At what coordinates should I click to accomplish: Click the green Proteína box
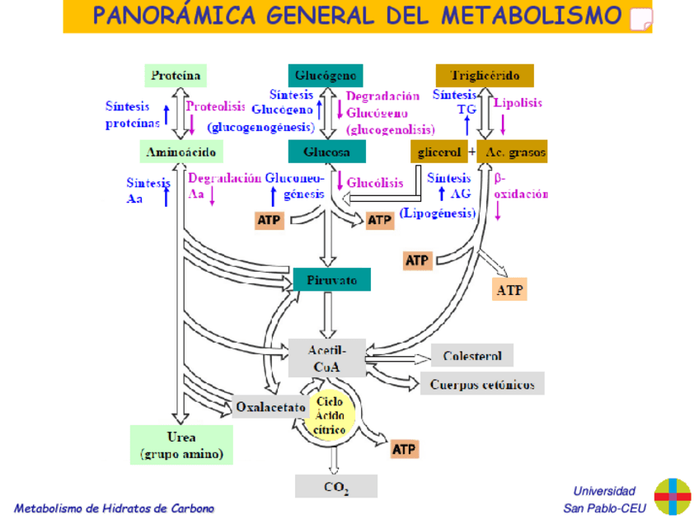176,76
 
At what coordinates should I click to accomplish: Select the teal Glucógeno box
327,76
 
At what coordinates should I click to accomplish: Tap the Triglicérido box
485,76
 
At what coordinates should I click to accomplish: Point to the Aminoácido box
181,152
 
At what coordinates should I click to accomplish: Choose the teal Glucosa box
326,152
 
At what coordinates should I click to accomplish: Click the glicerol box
439,152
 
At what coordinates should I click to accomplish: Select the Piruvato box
332,279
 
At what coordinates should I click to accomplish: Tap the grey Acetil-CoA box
326,358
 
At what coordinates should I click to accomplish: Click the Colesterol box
472,356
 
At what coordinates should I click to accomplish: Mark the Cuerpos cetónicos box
482,384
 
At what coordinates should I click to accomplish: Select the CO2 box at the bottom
335,486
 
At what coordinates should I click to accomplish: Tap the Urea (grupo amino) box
181,445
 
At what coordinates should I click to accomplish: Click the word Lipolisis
518,102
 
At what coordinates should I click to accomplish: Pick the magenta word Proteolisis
215,106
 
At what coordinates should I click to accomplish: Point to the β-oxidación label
520,186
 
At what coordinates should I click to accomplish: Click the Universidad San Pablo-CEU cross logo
672,497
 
